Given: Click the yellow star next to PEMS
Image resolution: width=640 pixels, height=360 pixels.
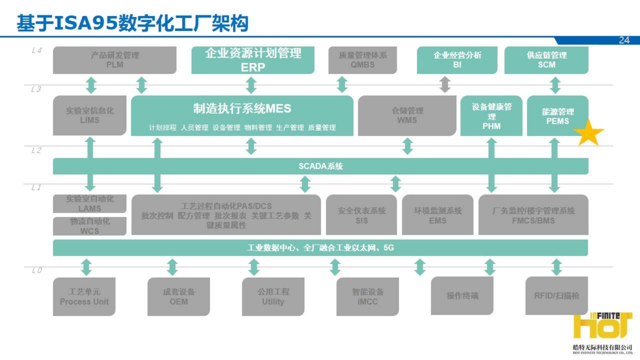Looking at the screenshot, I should (x=589, y=133).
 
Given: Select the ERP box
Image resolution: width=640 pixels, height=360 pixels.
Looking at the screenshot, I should (x=253, y=60).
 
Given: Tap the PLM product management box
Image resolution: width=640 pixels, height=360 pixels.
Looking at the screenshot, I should (x=115, y=60).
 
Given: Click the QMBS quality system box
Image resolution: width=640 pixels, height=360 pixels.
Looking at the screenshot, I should (x=363, y=60).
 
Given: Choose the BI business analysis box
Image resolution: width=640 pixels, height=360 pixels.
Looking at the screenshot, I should (x=457, y=60).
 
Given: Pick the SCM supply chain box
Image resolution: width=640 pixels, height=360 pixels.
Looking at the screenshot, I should (x=546, y=60).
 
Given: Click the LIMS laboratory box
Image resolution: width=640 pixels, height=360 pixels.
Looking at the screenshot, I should (x=90, y=115).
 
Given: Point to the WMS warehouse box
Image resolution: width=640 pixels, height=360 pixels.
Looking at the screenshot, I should (x=407, y=115).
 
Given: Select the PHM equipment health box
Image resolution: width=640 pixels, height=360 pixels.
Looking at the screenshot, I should (x=491, y=116).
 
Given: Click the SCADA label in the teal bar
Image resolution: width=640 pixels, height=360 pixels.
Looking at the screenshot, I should (x=321, y=166).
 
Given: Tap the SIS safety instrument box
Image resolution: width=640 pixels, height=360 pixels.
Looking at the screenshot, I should (x=362, y=215).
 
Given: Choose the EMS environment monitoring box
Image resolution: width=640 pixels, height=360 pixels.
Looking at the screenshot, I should (x=438, y=215).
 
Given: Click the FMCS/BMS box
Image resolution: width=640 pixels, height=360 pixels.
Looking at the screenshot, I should (x=533, y=215).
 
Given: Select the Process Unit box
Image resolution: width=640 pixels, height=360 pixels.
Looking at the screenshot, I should (x=84, y=297).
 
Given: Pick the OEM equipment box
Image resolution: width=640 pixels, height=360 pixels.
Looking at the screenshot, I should (x=179, y=297).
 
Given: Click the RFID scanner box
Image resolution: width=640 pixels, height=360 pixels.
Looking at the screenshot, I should (x=557, y=296).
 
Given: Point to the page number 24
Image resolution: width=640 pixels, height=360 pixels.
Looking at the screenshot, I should (x=624, y=40).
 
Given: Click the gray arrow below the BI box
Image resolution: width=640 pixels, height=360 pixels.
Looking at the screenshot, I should (x=445, y=85).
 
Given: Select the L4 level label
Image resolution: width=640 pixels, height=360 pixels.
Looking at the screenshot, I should (x=37, y=51).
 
